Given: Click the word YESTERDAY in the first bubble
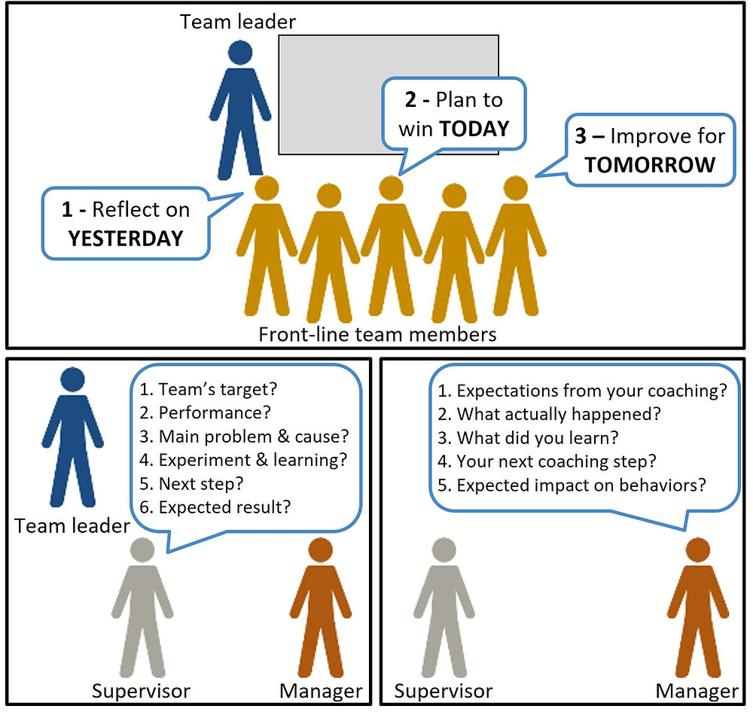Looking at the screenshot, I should click(x=126, y=239).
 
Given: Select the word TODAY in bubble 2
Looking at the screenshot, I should click(x=474, y=129).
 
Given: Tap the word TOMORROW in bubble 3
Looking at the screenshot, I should click(x=650, y=165).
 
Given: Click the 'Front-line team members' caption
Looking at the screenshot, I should click(x=377, y=333).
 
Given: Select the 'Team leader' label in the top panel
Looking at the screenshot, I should click(x=238, y=21).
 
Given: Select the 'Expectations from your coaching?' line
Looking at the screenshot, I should click(x=591, y=391).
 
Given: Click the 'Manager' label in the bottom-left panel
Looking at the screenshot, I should click(x=321, y=690).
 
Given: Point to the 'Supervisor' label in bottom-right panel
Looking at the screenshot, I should click(x=444, y=690).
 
